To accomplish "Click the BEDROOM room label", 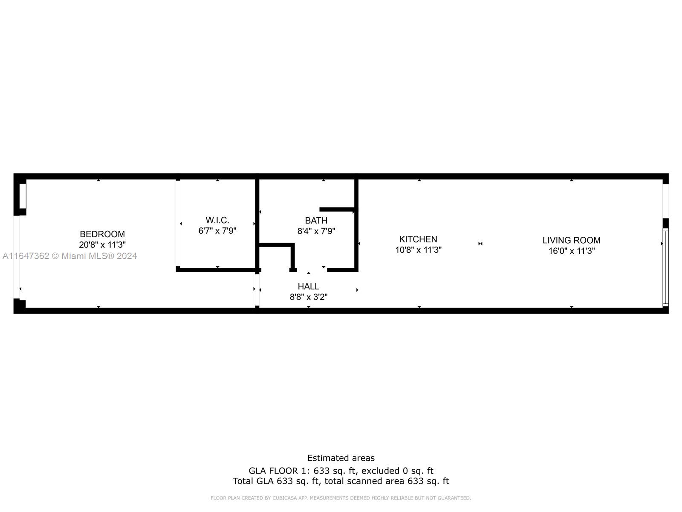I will (102, 234).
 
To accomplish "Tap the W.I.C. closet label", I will (217, 220).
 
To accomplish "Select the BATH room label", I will (316, 221).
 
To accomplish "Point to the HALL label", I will (309, 286).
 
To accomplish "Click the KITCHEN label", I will (418, 239).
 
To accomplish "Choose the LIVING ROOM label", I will (571, 240).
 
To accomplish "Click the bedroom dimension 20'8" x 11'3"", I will (102, 245).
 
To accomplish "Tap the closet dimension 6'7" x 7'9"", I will (217, 231).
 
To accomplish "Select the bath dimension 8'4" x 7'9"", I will (316, 231).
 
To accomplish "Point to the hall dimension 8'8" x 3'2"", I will (309, 297).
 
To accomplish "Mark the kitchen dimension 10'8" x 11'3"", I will (418, 250).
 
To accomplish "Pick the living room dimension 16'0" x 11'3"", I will (571, 251).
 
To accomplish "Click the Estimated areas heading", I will (341, 458).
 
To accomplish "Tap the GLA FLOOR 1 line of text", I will (341, 471).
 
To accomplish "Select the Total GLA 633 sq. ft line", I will (341, 481).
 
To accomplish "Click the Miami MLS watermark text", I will (70, 256).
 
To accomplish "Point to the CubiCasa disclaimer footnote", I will (341, 498).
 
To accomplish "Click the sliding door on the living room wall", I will (665, 268).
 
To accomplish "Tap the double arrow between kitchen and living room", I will (480, 244).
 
